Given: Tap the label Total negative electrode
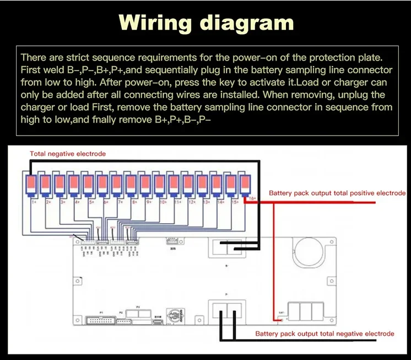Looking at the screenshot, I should click(68, 154).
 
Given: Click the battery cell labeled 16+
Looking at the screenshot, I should click(245, 184).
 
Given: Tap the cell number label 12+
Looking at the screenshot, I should click(191, 202).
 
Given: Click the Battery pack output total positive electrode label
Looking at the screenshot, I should click(337, 194).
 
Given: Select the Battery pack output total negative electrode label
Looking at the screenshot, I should click(325, 334).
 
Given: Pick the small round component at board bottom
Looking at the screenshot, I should click(174, 318).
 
